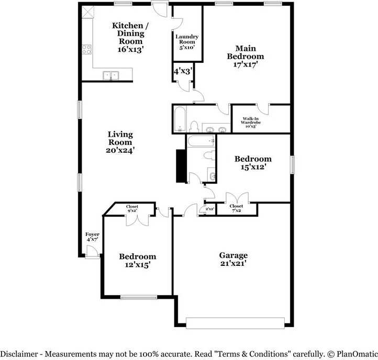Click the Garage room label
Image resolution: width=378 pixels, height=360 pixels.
pos(233,259)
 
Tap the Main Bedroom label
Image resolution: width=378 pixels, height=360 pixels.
pos(246,57)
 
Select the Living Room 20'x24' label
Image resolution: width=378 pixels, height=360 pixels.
pos(120,142)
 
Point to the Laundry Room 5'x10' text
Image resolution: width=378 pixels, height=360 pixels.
pos(187,42)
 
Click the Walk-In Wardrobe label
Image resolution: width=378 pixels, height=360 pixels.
pos(251,122)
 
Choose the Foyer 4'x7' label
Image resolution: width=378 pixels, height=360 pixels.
pos(92,237)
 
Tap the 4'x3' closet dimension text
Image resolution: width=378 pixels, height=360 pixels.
pos(183,71)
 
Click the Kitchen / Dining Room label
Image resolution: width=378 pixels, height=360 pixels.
pos(130,37)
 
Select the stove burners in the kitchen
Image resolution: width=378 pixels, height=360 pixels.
pos(87,49)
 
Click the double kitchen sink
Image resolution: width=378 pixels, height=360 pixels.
pos(111,75)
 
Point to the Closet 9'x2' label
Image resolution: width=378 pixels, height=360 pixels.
pos(132,208)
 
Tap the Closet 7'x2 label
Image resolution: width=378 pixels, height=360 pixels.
pos(236,208)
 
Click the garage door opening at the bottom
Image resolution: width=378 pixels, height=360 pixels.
pos(235,323)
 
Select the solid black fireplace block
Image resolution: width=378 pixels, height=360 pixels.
pos(180,166)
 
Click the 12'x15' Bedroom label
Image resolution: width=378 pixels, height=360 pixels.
pos(137,261)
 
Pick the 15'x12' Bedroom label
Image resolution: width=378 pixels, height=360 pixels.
pos(253,163)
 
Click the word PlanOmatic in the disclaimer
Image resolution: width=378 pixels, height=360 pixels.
pos(357,354)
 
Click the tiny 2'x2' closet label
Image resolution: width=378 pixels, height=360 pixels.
pos(210,209)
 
